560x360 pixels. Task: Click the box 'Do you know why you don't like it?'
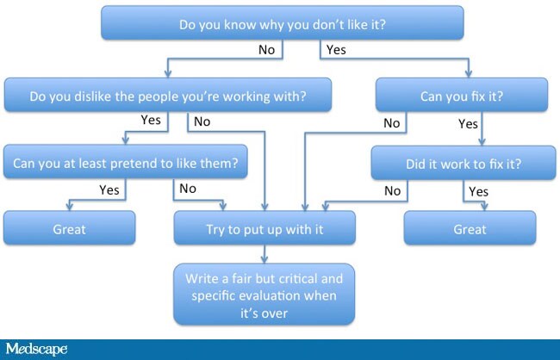(282, 22)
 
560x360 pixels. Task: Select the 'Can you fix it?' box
(462, 95)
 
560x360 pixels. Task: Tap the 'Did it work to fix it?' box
(464, 163)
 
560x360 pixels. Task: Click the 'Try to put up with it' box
(264, 228)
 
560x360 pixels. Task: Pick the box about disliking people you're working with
(168, 95)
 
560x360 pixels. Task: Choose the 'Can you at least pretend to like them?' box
(126, 162)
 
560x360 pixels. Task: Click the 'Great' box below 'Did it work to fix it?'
(470, 228)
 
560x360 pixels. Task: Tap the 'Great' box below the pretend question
(69, 228)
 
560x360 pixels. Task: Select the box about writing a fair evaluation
(264, 295)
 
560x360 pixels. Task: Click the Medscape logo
(36, 349)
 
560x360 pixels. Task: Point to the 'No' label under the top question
(267, 50)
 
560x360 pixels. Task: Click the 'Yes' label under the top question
(336, 50)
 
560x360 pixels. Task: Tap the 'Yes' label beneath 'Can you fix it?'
(468, 124)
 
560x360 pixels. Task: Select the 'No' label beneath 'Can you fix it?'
(392, 123)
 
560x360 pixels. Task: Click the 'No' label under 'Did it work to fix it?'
(393, 190)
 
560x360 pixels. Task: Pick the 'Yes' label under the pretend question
(109, 190)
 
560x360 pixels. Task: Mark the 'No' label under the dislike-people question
(202, 121)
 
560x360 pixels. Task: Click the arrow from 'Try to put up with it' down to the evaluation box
(264, 254)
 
